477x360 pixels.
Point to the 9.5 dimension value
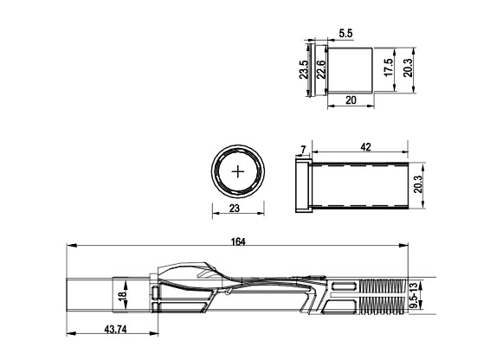pyautogui.click(x=414, y=302)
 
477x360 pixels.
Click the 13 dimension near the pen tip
pyautogui.click(x=414, y=285)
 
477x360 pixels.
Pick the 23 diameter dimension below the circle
pyautogui.click(x=237, y=207)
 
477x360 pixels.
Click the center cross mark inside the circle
pyautogui.click(x=237, y=172)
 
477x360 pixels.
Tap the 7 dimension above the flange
pyautogui.click(x=301, y=151)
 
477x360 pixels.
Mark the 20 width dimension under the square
pyautogui.click(x=351, y=100)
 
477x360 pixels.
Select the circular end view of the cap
pyautogui.click(x=237, y=172)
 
